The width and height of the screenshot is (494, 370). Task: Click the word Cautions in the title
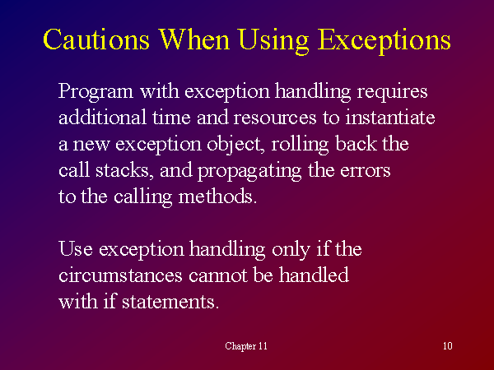[96, 39]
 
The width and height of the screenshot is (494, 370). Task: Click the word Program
[96, 92]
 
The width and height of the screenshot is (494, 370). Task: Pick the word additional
[102, 117]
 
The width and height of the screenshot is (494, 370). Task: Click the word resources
[275, 118]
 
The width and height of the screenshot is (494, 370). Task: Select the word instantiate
[390, 118]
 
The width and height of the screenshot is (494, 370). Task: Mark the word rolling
[300, 145]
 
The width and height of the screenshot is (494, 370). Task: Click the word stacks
[124, 171]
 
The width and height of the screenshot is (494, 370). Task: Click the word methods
[217, 197]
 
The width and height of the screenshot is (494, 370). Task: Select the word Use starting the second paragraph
[76, 249]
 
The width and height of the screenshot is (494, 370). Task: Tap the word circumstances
[120, 275]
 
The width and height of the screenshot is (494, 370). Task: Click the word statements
[170, 302]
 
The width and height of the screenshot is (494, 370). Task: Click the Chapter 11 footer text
[246, 346]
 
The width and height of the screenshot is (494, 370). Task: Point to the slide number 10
[448, 346]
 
